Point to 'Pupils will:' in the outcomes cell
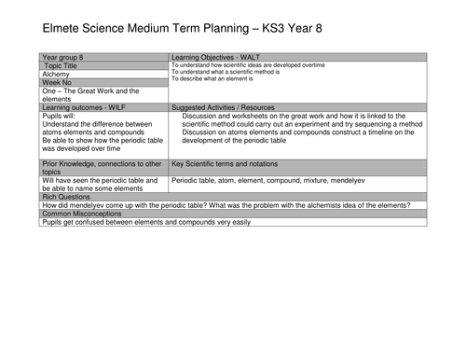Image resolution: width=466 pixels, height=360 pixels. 62,118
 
